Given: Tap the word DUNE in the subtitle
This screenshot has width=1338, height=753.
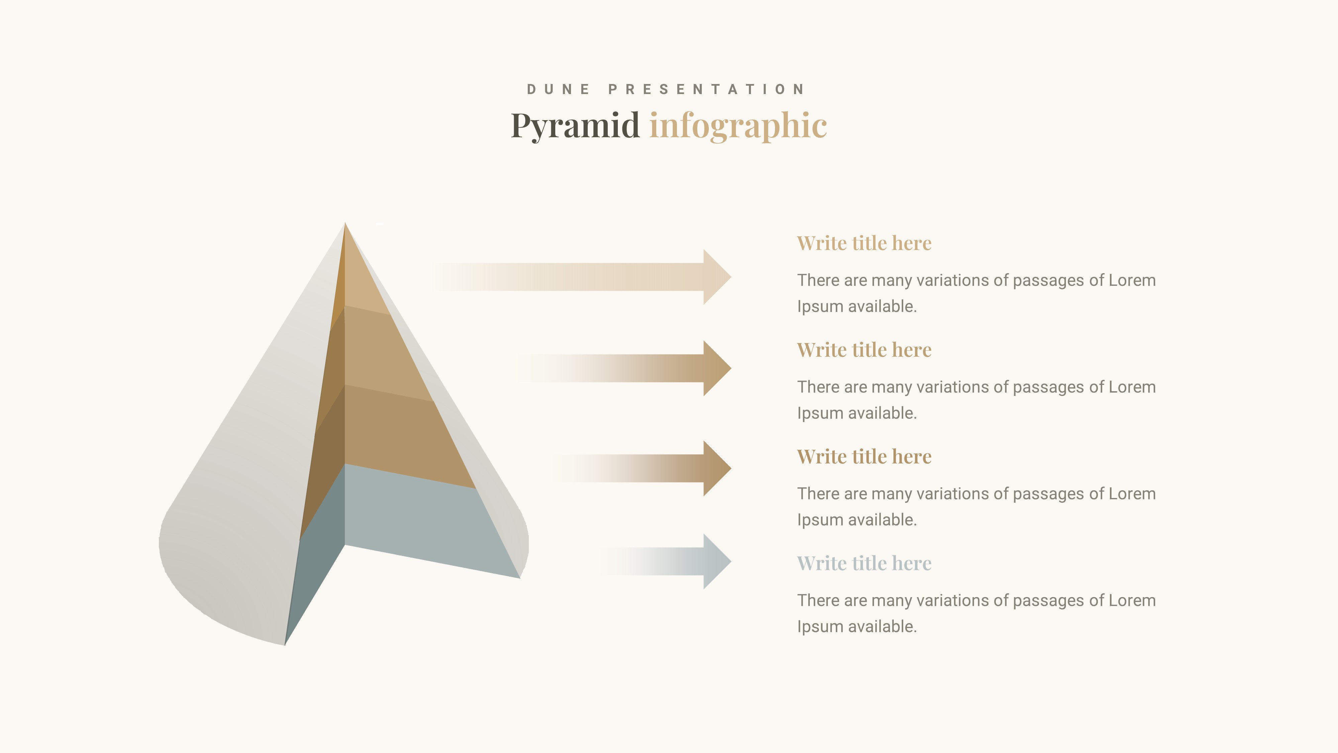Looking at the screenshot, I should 558,89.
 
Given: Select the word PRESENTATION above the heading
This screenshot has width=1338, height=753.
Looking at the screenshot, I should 706,89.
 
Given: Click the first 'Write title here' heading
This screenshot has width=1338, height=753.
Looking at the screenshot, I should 864,243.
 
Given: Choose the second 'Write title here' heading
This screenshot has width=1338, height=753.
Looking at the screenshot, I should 864,350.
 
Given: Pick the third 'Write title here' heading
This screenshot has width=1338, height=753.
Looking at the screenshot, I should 864,456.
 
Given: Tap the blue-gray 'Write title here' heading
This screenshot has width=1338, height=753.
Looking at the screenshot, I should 864,563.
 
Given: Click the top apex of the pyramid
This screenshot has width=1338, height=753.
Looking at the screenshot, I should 345,225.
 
